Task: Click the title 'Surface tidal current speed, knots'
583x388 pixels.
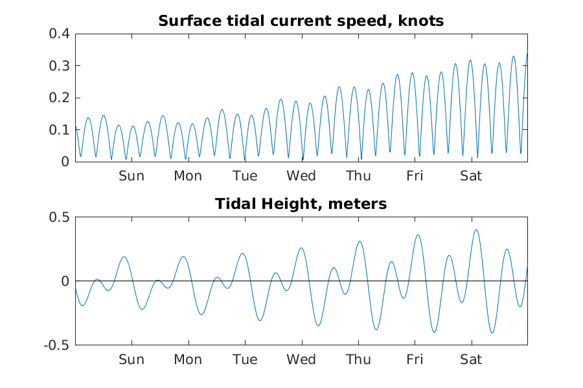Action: pyautogui.click(x=301, y=21)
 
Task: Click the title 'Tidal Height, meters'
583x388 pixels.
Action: pyautogui.click(x=301, y=204)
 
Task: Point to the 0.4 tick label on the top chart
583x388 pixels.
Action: pyautogui.click(x=60, y=34)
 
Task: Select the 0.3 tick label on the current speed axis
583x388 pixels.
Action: pyautogui.click(x=60, y=66)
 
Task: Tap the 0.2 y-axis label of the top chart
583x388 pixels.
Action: pyautogui.click(x=60, y=98)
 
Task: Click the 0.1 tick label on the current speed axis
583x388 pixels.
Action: pyautogui.click(x=60, y=130)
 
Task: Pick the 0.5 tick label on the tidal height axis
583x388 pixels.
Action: pyautogui.click(x=60, y=217)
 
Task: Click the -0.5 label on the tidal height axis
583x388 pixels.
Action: pyautogui.click(x=57, y=345)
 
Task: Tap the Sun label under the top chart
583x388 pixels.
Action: pyautogui.click(x=131, y=176)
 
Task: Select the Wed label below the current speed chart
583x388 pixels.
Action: pyautogui.click(x=301, y=176)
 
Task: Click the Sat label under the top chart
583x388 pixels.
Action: pyautogui.click(x=471, y=176)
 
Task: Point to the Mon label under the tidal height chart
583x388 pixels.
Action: pyautogui.click(x=188, y=360)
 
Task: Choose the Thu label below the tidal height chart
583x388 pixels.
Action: pyautogui.click(x=358, y=360)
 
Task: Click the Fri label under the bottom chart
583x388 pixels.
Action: pyautogui.click(x=415, y=360)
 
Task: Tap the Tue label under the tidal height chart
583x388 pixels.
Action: pyautogui.click(x=245, y=360)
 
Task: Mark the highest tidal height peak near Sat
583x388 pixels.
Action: pyautogui.click(x=476, y=230)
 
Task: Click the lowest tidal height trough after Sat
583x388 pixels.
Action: pyautogui.click(x=492, y=332)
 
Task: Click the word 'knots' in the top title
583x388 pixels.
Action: pyautogui.click(x=421, y=21)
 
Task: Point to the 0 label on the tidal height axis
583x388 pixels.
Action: pyautogui.click(x=65, y=281)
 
